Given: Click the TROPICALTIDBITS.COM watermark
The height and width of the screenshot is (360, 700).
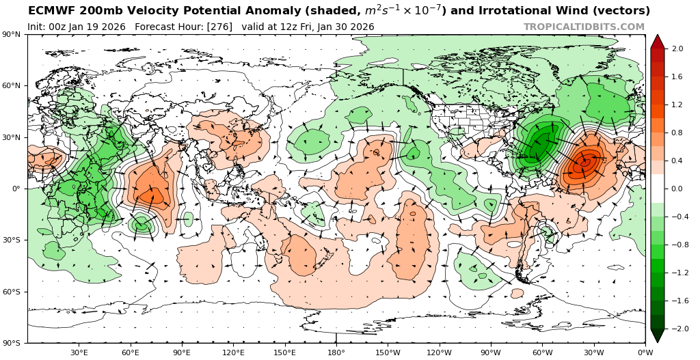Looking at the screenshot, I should (584, 27).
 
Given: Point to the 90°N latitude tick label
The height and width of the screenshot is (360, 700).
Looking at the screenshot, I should (13, 34).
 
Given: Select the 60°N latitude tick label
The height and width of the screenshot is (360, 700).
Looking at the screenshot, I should (13, 85).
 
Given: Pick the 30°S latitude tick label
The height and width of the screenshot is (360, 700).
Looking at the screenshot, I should (13, 240).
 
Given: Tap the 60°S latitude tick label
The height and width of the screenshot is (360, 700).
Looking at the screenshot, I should (13, 292).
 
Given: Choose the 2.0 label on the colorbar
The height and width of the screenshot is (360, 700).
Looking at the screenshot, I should (677, 49).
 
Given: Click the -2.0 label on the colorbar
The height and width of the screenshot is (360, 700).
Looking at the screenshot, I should (675, 329).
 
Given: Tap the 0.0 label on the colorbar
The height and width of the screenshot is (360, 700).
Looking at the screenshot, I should (677, 189).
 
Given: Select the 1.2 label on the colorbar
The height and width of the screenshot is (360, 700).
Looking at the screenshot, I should (677, 105).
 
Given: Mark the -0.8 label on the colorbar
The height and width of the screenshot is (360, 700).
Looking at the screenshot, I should (675, 245).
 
